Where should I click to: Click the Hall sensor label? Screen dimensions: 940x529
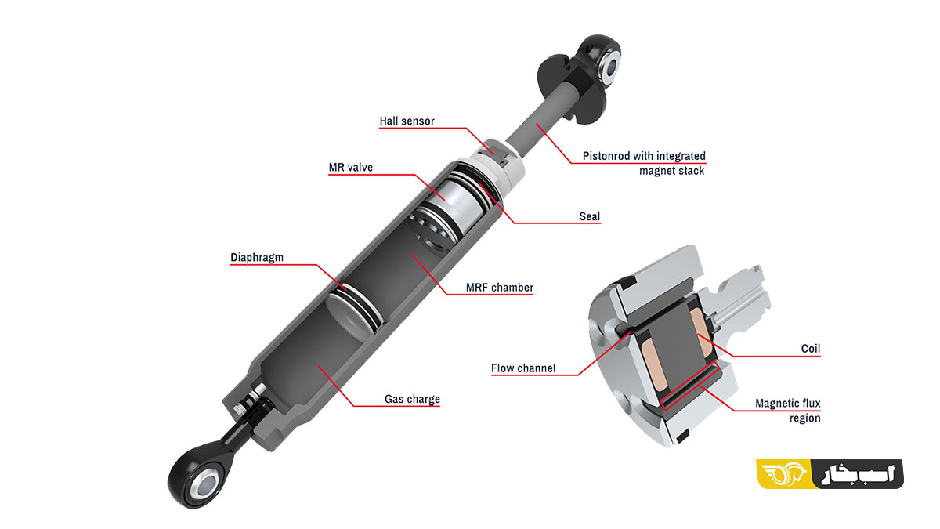407,121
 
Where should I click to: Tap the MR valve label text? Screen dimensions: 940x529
350,167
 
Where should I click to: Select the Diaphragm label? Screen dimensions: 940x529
257,257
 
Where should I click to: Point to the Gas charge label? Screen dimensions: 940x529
412,399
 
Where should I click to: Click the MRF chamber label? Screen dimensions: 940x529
500,288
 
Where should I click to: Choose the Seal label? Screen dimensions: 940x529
590,216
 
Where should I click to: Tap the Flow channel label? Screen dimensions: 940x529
523,368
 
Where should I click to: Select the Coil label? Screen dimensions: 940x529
810,349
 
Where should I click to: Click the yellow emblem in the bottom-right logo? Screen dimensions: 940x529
784,474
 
